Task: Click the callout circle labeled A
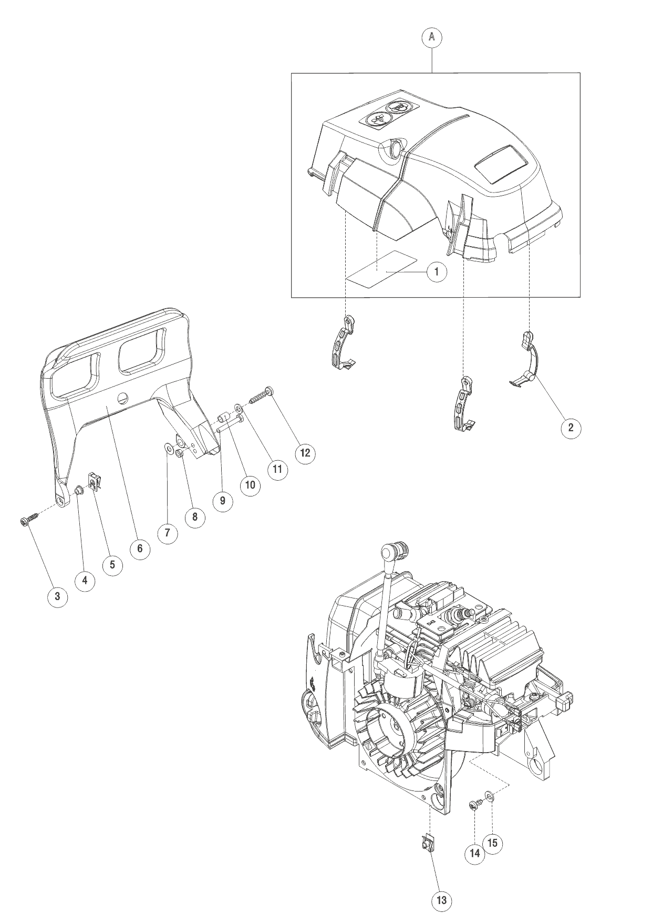coord(432,37)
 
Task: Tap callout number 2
coord(571,427)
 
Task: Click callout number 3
coord(57,596)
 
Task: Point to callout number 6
coord(140,548)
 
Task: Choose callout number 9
coord(222,501)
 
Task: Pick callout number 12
coord(305,453)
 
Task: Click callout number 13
coord(441,900)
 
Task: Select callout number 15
coord(492,843)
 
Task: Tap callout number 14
coord(474,853)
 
